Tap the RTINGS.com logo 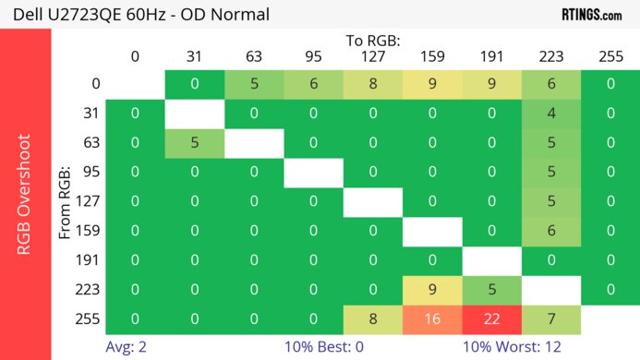(592, 14)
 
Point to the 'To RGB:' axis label (373, 41)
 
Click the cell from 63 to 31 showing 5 (194, 143)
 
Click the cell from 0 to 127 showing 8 (373, 84)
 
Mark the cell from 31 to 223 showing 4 (550, 114)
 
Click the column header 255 (610, 56)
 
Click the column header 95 (313, 56)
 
